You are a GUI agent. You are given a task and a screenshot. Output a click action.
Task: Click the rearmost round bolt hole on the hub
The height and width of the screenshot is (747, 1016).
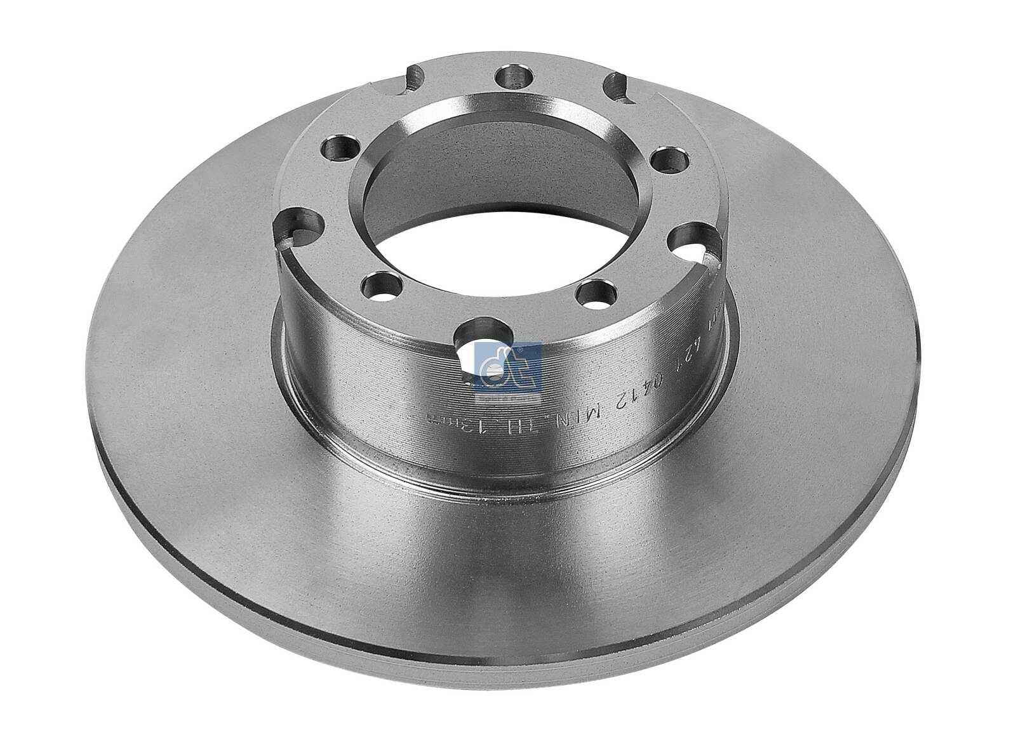point(512,78)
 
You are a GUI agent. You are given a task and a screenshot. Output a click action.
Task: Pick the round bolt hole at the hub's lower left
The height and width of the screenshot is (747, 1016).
point(382,282)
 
